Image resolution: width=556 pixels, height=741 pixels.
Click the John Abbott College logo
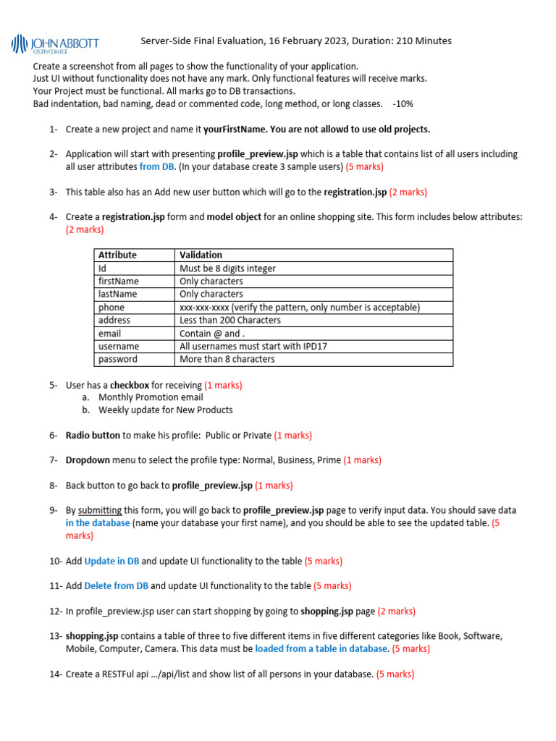click(x=55, y=44)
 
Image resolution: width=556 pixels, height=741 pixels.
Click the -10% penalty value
click(x=403, y=103)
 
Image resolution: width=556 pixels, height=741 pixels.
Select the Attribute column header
click(x=117, y=255)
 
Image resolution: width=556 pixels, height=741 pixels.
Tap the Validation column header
click(x=201, y=255)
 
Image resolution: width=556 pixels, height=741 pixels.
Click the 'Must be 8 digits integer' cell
click(x=227, y=268)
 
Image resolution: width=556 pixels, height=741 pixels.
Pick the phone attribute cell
click(x=111, y=307)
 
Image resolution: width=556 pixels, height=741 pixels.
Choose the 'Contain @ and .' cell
click(x=211, y=334)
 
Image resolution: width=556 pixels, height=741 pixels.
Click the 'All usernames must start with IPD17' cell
click(x=253, y=347)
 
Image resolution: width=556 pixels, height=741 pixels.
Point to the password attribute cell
click(x=117, y=360)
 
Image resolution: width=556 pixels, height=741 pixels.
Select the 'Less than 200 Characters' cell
click(x=229, y=320)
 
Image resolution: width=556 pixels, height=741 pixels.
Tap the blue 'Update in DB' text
click(x=111, y=561)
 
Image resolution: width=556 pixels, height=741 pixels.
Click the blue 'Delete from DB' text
click(x=116, y=585)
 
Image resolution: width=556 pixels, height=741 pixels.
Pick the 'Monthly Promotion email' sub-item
click(x=151, y=397)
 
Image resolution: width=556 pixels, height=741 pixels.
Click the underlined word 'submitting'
click(x=100, y=510)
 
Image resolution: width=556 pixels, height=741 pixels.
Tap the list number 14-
click(x=56, y=674)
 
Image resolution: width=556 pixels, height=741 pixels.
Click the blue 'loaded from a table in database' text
click(x=321, y=648)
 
